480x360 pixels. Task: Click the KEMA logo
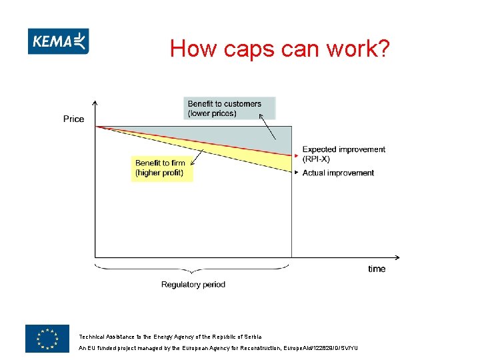coord(59,41)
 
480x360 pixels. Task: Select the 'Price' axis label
coord(73,119)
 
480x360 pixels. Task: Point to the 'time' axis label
coord(377,269)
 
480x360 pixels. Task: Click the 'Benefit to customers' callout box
coord(229,109)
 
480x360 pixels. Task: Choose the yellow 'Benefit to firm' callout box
coord(162,168)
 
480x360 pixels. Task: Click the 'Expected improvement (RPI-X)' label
coord(343,154)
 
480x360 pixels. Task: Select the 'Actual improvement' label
coord(338,173)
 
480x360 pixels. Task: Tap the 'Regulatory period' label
coord(193,285)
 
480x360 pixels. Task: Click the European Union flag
coord(47,338)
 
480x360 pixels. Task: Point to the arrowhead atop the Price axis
coord(95,103)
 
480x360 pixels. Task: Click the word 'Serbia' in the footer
coord(251,337)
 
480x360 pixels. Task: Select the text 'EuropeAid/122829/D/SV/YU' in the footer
coord(321,348)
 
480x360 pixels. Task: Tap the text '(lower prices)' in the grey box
coord(212,113)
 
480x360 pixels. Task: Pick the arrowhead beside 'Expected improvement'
coord(296,155)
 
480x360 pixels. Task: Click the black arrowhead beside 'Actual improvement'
coord(296,173)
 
